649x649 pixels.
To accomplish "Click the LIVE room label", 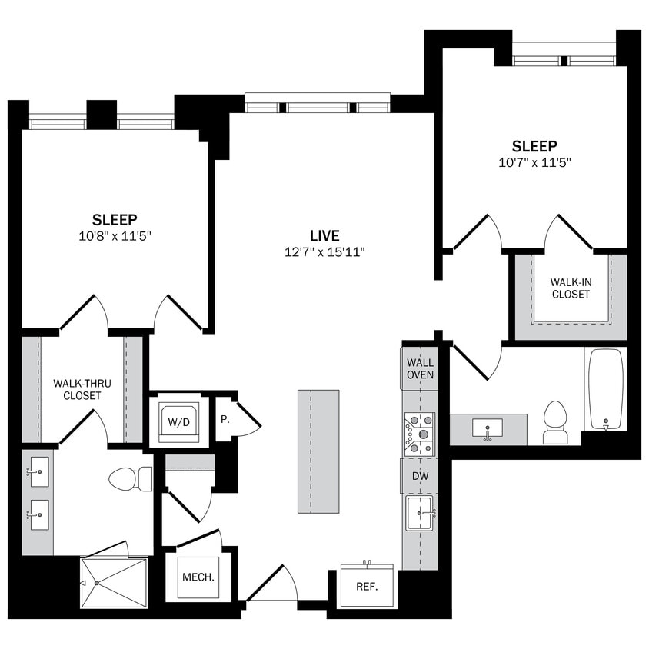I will click(x=324, y=236).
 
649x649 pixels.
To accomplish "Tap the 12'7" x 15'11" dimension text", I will click(x=324, y=252).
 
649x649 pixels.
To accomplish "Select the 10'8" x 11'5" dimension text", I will click(x=115, y=235).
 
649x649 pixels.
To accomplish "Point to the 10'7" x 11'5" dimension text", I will click(x=534, y=162).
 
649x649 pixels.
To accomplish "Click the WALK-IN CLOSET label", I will click(x=571, y=288).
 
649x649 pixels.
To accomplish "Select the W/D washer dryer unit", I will click(x=178, y=421).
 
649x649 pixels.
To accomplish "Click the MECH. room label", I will click(x=198, y=577).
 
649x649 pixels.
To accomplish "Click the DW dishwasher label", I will click(x=420, y=476).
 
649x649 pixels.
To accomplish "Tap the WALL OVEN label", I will click(x=420, y=368).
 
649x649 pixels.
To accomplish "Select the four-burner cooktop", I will click(x=420, y=434).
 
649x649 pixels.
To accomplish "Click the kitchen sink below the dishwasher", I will click(x=420, y=512).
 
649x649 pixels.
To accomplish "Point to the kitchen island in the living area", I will click(x=318, y=451).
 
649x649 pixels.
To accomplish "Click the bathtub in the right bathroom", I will click(x=606, y=389).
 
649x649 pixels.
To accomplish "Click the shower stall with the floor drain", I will click(x=113, y=582).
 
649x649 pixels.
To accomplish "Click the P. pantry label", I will click(x=225, y=421).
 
